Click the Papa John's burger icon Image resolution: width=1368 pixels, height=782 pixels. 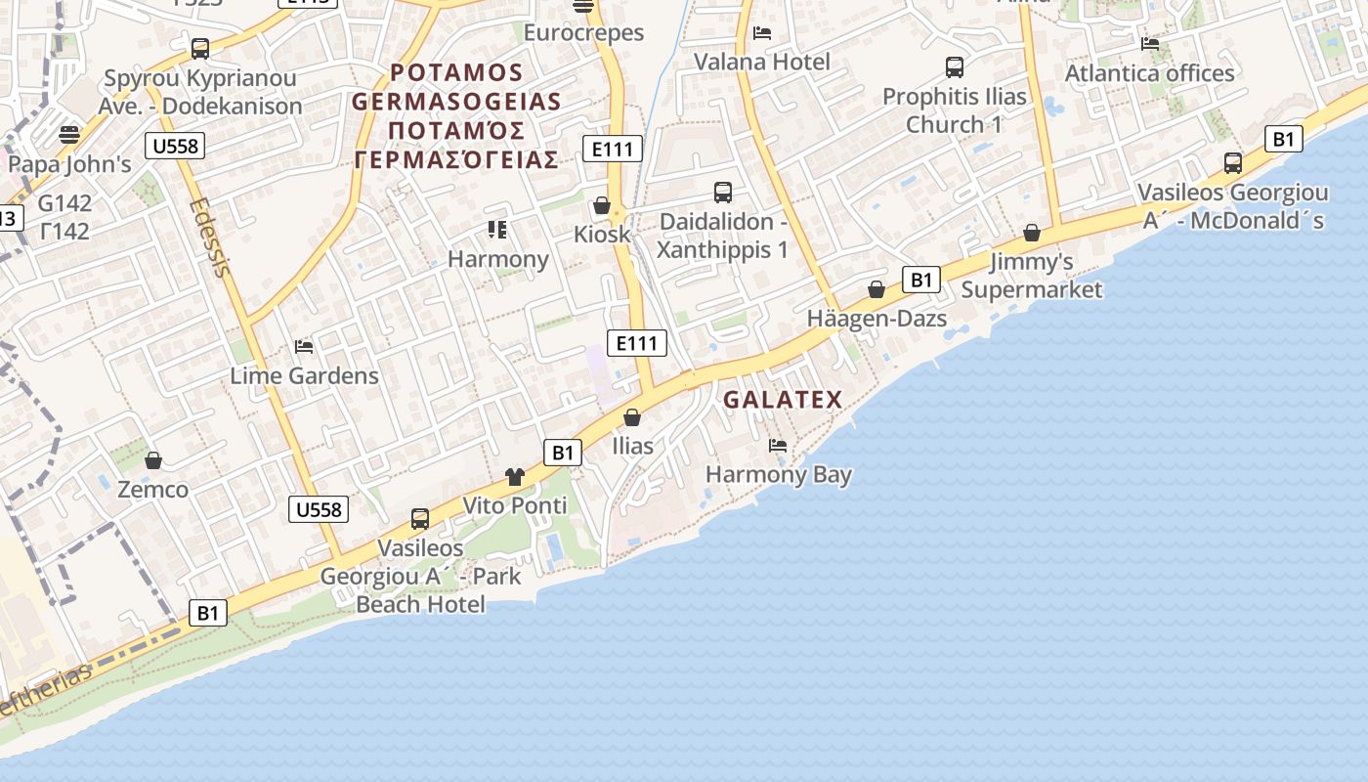68,134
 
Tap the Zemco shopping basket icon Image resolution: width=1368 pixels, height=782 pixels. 153,459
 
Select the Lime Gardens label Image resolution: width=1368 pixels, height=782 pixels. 304,375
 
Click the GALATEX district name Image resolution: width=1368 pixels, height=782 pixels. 783,399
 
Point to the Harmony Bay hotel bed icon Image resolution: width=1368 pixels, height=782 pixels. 778,446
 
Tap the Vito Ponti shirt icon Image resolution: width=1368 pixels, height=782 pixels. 515,477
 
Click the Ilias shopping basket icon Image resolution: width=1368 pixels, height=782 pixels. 632,417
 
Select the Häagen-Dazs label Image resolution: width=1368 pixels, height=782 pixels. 876,319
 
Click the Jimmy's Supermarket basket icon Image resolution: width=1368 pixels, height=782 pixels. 1032,233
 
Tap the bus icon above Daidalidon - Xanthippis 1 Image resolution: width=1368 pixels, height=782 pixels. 723,193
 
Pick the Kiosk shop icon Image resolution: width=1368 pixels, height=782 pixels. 602,205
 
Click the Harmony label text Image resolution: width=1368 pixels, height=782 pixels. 498,259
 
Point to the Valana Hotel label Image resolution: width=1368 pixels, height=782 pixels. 762,62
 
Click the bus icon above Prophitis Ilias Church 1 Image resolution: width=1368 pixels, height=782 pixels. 955,67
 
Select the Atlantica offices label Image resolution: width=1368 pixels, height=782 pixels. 1149,73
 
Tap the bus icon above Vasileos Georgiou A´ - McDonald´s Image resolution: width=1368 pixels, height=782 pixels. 1233,163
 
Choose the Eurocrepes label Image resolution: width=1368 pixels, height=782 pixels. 583,32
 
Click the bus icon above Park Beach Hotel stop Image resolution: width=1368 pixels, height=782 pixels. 420,519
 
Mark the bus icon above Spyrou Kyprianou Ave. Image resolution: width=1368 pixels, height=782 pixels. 200,48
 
